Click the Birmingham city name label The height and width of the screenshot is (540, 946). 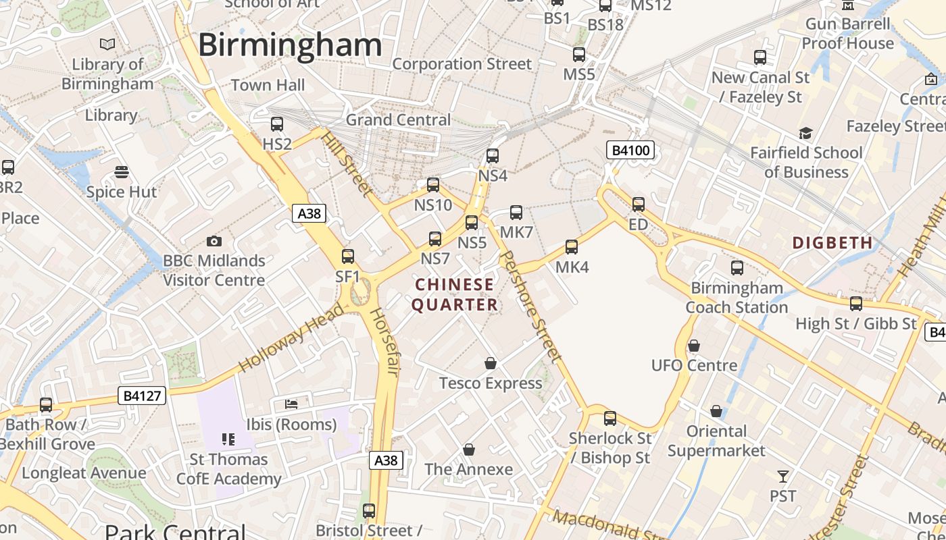290,45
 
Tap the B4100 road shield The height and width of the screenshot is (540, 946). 630,150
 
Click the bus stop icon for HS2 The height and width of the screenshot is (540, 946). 277,124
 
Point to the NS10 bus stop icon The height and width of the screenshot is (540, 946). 433,185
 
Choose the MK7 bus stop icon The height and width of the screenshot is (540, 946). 516,213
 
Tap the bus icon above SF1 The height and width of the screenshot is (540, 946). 348,256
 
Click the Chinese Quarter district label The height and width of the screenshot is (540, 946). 455,294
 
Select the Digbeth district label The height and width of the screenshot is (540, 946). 832,242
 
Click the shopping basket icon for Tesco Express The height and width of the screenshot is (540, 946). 491,364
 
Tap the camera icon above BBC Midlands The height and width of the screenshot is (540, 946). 214,241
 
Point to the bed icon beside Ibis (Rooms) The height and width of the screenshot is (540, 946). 291,404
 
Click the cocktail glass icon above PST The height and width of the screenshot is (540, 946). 783,477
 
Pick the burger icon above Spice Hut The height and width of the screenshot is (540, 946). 122,172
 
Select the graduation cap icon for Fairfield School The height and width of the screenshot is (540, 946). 805,133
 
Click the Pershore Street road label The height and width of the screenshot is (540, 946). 532,306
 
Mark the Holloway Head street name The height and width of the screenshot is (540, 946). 291,337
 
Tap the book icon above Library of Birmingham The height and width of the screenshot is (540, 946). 107,45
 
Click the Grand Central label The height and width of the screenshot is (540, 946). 398,119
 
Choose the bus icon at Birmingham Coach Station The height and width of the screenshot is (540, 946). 737,268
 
